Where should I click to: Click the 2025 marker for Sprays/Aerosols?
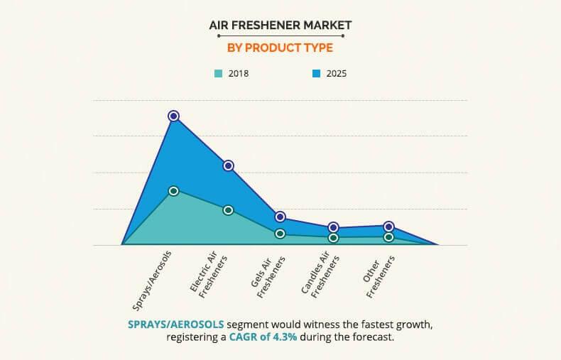(x=173, y=116)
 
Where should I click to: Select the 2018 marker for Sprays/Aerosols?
(x=173, y=190)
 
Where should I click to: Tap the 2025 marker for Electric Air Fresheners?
(x=228, y=165)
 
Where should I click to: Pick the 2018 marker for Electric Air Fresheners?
(x=228, y=210)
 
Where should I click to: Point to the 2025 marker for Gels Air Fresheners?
(x=280, y=217)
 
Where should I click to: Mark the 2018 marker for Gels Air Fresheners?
(x=280, y=234)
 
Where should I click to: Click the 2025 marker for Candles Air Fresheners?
(x=334, y=228)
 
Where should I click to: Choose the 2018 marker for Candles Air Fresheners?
(x=334, y=238)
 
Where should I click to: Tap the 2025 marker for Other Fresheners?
(x=388, y=227)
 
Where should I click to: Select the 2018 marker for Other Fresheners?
(x=388, y=237)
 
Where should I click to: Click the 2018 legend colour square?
(x=219, y=73)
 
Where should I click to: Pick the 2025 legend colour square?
(x=316, y=73)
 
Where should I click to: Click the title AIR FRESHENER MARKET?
(x=280, y=26)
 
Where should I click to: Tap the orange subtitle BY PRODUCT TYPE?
(x=280, y=48)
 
